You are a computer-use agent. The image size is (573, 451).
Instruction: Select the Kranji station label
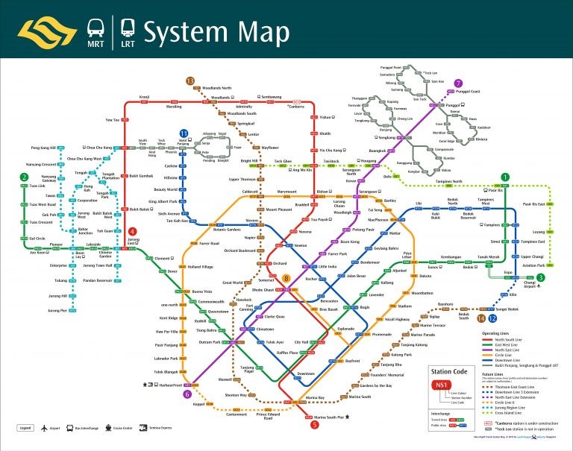(x=145, y=97)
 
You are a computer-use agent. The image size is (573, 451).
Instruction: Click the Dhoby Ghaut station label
(x=256, y=288)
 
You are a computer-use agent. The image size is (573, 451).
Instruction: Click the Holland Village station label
(x=200, y=266)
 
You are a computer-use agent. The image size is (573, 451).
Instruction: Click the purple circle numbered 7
(x=458, y=83)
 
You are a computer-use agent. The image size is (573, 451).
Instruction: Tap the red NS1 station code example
(x=442, y=385)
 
